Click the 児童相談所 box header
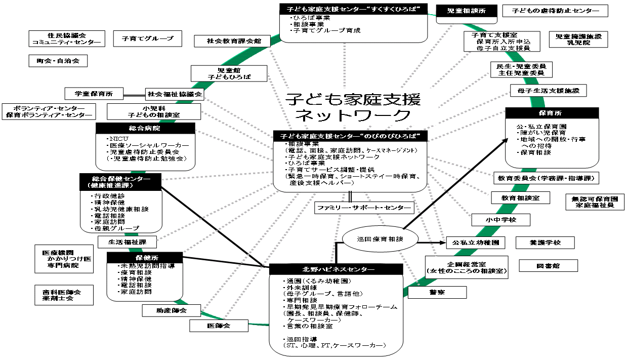[x=464, y=11]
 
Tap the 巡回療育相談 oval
[x=373, y=238]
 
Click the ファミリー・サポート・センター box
[x=363, y=208]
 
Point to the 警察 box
[x=437, y=292]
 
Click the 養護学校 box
[x=545, y=243]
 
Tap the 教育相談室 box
[x=520, y=198]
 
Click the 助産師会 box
[x=172, y=310]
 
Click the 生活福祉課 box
[x=128, y=242]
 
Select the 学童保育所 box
[x=94, y=94]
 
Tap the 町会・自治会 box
[x=58, y=61]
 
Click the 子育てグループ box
[x=147, y=38]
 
